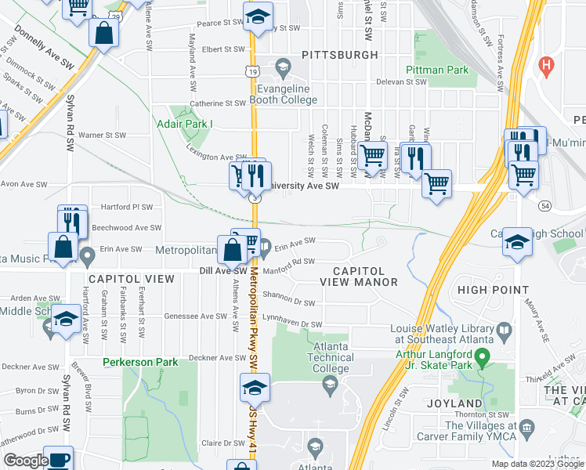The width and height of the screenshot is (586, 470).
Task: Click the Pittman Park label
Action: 437,70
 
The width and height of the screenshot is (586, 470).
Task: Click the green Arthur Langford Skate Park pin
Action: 483,360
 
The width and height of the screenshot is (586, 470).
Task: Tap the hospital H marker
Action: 547,65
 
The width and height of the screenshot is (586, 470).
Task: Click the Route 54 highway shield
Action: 544,204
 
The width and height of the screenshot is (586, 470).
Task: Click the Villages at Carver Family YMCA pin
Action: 526,427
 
